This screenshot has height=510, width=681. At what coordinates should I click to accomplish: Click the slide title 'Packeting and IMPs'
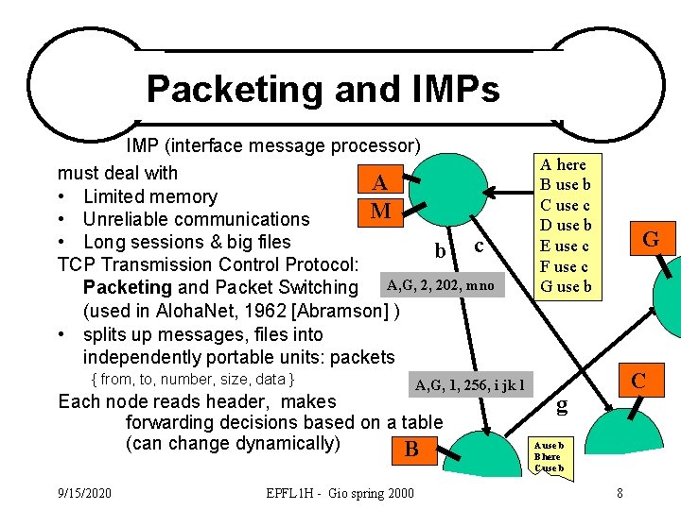(x=323, y=90)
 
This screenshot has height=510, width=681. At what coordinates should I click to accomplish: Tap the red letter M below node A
(x=380, y=211)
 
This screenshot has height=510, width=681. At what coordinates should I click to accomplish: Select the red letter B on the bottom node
(x=411, y=449)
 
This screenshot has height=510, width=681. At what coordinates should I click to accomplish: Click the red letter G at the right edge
(x=651, y=239)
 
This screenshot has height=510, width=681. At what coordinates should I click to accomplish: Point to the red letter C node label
(x=639, y=381)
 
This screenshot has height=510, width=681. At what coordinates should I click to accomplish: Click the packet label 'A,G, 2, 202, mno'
(x=439, y=284)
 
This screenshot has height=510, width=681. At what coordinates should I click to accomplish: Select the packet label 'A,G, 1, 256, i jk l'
(x=469, y=384)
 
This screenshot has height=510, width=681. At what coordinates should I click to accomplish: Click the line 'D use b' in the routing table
(x=565, y=225)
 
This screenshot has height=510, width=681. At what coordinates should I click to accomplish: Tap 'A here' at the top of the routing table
(x=564, y=164)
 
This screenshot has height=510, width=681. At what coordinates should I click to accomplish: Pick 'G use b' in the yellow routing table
(x=565, y=286)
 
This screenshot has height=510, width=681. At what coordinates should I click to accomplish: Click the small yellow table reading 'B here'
(x=549, y=456)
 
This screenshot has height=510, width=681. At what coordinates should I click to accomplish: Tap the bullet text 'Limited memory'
(x=149, y=196)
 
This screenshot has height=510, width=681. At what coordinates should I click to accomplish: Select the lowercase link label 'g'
(x=562, y=406)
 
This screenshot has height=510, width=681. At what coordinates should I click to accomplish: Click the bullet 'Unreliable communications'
(x=196, y=219)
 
